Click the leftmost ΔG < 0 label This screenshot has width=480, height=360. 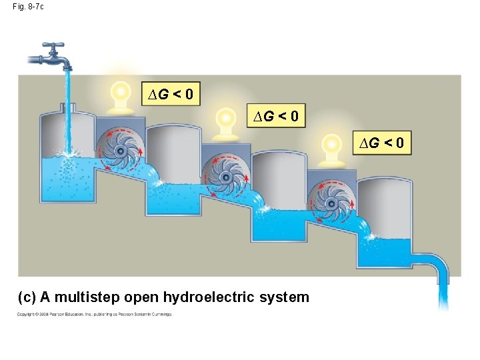pos(171,95)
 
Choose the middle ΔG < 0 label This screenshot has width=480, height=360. pos(275,117)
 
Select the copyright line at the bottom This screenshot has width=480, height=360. pos(94,314)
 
